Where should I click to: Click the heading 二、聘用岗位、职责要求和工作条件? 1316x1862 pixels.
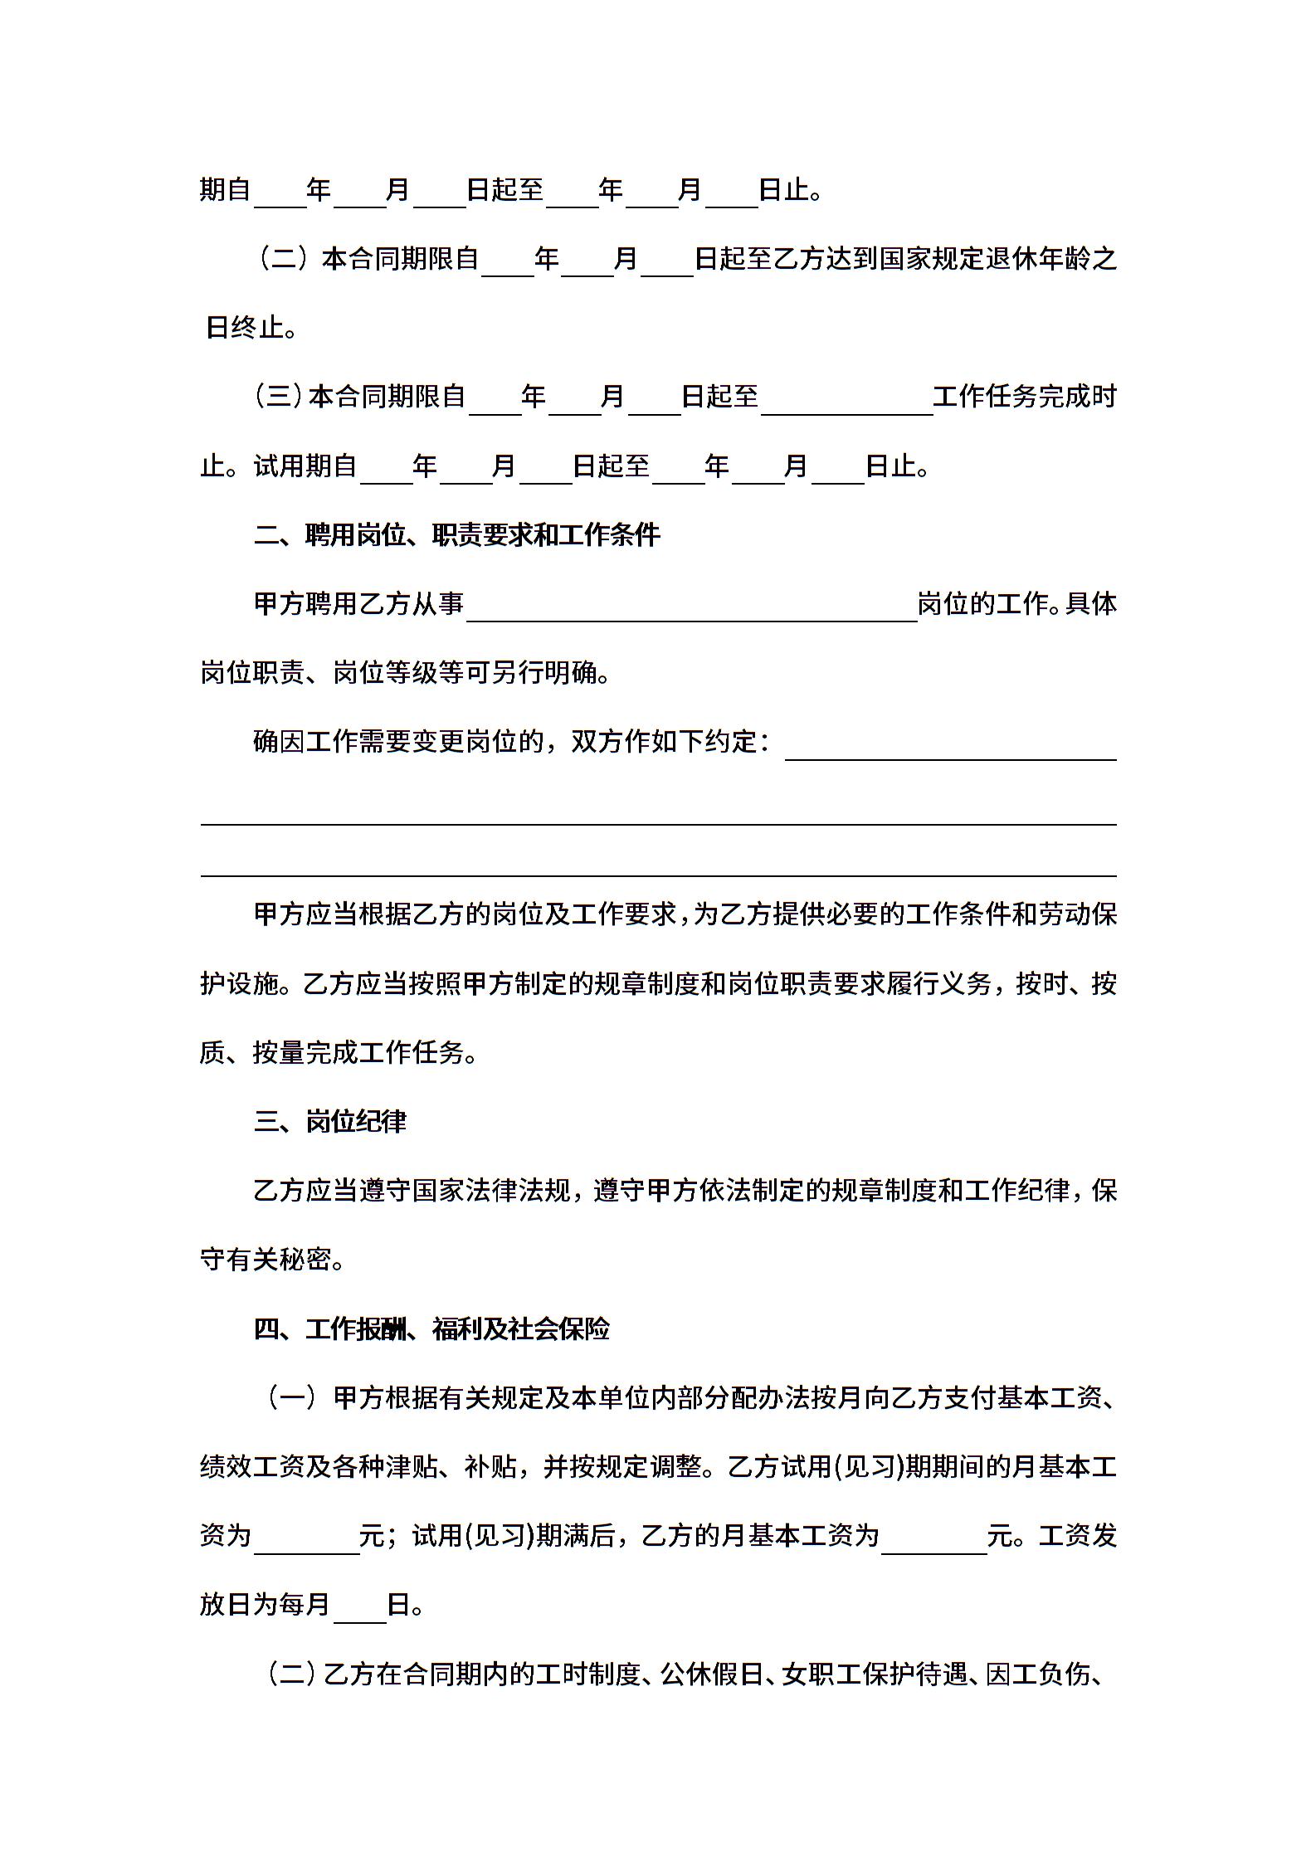[x=457, y=535]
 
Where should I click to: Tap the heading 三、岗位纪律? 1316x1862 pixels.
[x=330, y=1122]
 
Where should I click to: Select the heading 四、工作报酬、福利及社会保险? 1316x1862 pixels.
[x=431, y=1329]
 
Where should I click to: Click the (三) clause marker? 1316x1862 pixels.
[x=279, y=397]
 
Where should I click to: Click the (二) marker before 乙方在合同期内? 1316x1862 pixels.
[x=290, y=1674]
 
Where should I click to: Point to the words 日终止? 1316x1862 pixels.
[x=244, y=329]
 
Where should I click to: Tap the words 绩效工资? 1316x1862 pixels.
[x=252, y=1468]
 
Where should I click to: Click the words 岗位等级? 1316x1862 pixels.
[x=385, y=673]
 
